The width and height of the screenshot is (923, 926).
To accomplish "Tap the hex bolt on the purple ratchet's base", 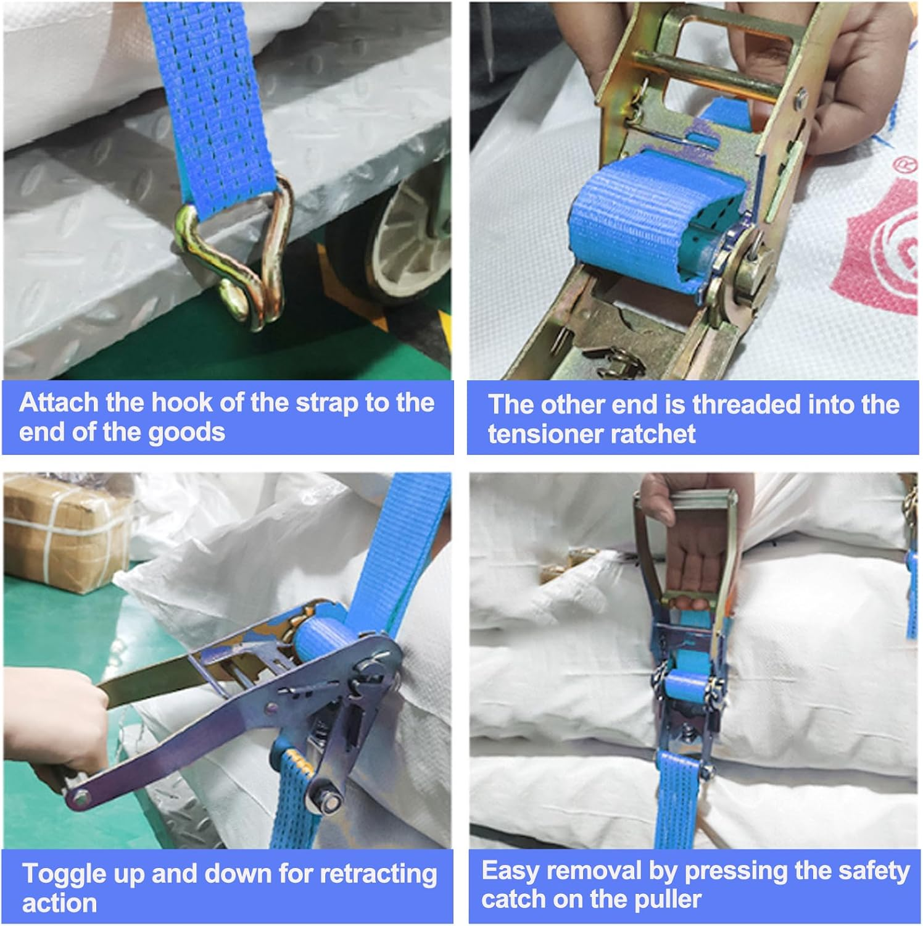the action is point(328,801).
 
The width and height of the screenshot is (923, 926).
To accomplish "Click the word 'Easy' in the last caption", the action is point(510,872).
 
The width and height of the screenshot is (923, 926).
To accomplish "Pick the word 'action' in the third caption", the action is point(59,904).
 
